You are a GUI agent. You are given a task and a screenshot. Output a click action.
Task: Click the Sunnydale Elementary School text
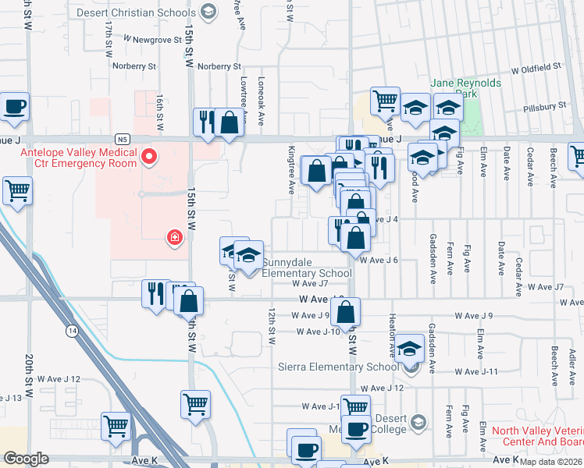tap(306, 268)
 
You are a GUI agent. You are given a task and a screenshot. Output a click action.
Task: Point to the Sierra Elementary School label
tap(338, 367)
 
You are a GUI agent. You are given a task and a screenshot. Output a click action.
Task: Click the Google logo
tap(26, 459)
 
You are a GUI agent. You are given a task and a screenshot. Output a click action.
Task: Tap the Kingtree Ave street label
tap(290, 169)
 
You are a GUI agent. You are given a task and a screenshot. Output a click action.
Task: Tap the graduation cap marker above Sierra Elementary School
tap(409, 349)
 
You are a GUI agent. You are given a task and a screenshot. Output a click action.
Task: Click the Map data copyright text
tap(551, 462)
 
